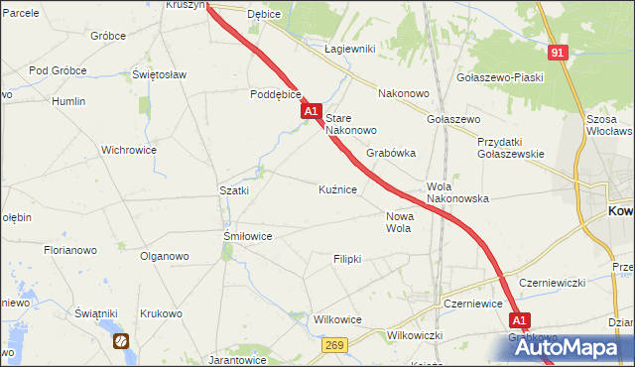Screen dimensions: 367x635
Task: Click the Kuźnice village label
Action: pyautogui.click(x=337, y=188)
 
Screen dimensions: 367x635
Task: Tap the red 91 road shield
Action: pyautogui.click(x=557, y=53)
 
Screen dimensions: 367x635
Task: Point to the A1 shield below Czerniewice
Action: pyautogui.click(x=520, y=320)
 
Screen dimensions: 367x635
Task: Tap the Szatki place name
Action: pyautogui.click(x=233, y=189)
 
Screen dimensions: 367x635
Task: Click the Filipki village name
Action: pyautogui.click(x=347, y=258)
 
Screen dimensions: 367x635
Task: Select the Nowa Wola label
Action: pyautogui.click(x=398, y=222)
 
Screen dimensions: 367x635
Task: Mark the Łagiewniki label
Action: pyautogui.click(x=349, y=48)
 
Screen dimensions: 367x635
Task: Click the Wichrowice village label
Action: pyautogui.click(x=129, y=151)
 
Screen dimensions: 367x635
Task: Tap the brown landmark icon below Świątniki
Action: pyautogui.click(x=121, y=341)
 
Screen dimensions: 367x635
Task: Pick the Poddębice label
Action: pyautogui.click(x=275, y=95)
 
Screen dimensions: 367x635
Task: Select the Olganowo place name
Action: pyautogui.click(x=164, y=256)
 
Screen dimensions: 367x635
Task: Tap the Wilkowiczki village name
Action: pyautogui.click(x=415, y=335)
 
